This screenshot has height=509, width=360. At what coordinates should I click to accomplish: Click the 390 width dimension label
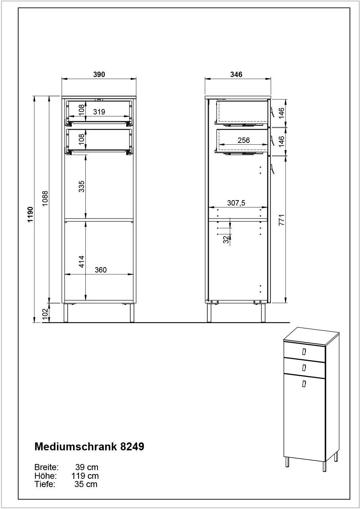click(99, 75)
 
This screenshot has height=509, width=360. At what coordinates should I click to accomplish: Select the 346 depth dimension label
click(237, 75)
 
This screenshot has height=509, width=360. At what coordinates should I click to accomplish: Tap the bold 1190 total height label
click(30, 215)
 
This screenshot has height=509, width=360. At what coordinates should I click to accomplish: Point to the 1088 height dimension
click(45, 198)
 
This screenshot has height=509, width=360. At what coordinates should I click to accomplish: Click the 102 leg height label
click(45, 314)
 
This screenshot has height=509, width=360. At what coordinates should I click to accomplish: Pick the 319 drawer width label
click(99, 112)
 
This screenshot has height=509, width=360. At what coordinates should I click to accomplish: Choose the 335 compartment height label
click(81, 186)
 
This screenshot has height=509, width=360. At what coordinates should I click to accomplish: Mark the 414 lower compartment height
click(81, 262)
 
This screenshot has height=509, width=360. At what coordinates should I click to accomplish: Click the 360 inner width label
click(100, 270)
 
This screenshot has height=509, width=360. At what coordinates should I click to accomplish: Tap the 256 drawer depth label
click(244, 140)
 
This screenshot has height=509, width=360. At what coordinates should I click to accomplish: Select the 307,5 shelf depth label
click(237, 203)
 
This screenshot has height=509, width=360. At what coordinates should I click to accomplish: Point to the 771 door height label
click(282, 220)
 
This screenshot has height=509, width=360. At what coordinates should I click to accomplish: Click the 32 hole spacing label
click(226, 239)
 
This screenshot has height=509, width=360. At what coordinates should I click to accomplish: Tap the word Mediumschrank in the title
click(76, 446)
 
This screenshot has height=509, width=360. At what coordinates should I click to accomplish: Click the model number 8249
click(132, 446)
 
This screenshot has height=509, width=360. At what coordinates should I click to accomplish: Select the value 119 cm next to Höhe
click(85, 476)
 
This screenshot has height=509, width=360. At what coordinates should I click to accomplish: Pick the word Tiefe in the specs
click(45, 484)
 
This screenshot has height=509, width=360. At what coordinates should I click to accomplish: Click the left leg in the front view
click(66, 313)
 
